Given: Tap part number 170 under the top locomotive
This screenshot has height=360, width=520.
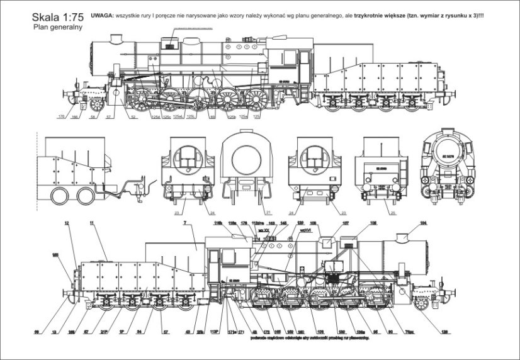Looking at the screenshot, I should point(61,117).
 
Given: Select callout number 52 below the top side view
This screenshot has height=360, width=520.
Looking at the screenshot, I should point(133,117).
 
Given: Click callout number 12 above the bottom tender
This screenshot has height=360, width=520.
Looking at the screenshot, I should point(66,223).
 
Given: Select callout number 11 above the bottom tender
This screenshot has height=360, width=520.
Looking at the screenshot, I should point(92,223).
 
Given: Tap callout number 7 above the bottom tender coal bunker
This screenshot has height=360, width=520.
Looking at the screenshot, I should point(184,223).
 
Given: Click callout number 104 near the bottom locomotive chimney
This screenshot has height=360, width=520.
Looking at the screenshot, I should point(423,223).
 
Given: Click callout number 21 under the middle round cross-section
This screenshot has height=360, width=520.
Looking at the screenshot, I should point(250,213).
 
